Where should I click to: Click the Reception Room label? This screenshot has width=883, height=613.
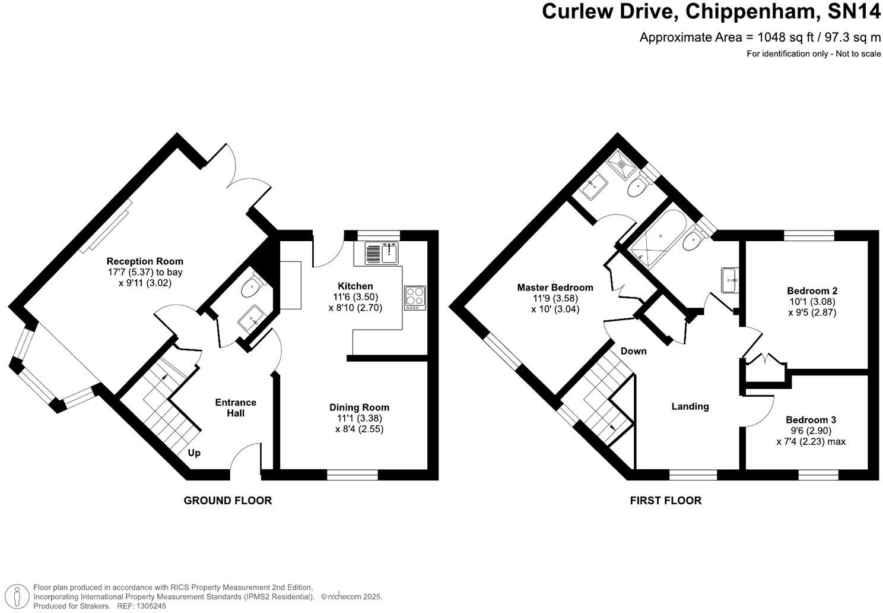[x=145, y=261]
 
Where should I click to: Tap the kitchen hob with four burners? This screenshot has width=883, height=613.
[x=415, y=298]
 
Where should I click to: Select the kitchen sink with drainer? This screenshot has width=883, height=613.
[x=382, y=254]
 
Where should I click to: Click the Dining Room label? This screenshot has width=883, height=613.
[x=359, y=407]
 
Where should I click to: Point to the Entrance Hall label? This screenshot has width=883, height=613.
[x=236, y=407]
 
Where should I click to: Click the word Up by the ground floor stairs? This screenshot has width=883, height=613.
[x=194, y=453]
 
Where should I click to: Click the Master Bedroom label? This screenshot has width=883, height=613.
[x=555, y=287]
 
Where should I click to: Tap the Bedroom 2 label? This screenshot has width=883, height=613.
[x=812, y=291]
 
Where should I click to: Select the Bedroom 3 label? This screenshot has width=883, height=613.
[x=811, y=420]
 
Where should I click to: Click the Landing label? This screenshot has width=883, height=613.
[x=690, y=406]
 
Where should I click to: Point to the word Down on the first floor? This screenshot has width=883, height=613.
[x=633, y=351]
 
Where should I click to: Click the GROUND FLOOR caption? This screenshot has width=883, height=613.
[x=227, y=501]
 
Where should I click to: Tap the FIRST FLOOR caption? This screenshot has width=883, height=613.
[x=665, y=501]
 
